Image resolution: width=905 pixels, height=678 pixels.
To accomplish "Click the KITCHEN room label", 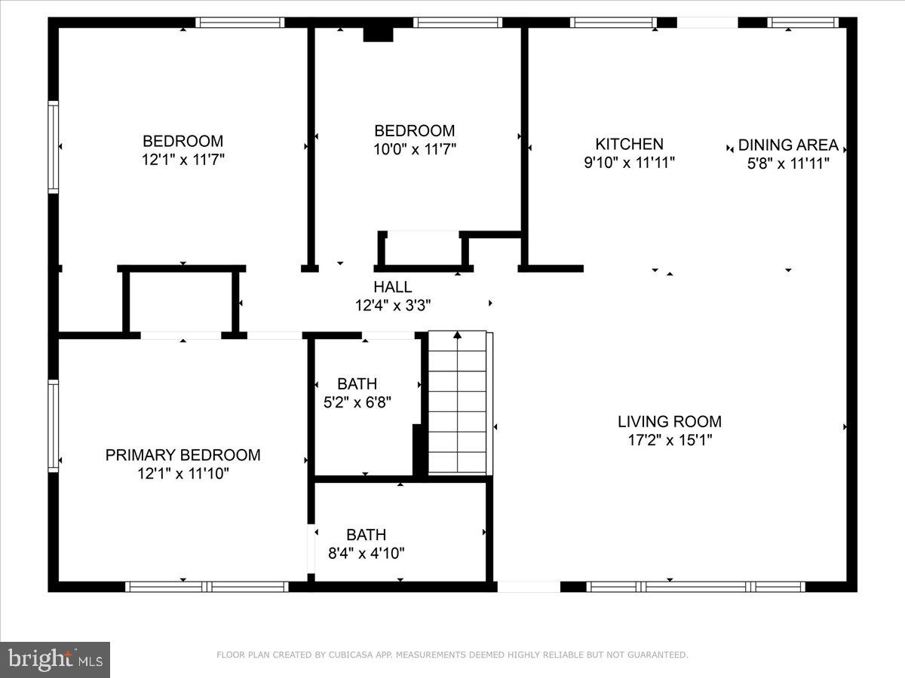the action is pyautogui.click(x=629, y=144).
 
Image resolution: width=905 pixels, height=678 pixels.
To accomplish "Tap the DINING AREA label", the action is pyautogui.click(x=788, y=145).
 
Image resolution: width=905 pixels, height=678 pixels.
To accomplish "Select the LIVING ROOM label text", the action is pyautogui.click(x=670, y=422).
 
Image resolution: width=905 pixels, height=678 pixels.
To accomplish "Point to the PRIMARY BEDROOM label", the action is pyautogui.click(x=183, y=455).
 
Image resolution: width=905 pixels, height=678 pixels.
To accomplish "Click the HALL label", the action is pyautogui.click(x=392, y=287).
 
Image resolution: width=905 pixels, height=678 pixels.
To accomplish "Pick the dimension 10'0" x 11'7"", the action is pyautogui.click(x=415, y=149).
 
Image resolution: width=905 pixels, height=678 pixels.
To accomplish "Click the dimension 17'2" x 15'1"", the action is pyautogui.click(x=670, y=440).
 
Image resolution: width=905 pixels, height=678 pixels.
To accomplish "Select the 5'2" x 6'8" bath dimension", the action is pyautogui.click(x=357, y=402).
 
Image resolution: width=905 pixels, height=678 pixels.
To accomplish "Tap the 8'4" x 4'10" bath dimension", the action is pyautogui.click(x=366, y=553).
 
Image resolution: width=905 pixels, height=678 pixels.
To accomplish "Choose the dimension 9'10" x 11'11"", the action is pyautogui.click(x=629, y=163).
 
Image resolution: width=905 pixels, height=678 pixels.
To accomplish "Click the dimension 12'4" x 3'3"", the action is pyautogui.click(x=393, y=305).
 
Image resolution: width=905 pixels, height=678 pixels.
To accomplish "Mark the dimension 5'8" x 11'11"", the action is pyautogui.click(x=788, y=163).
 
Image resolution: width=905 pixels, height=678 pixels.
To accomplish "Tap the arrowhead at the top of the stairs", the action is pyautogui.click(x=457, y=334).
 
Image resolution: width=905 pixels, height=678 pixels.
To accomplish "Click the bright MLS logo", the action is pyautogui.click(x=55, y=659).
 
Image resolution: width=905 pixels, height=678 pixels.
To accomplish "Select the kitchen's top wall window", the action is pyautogui.click(x=613, y=23).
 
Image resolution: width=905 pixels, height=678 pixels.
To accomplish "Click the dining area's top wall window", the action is pyautogui.click(x=802, y=23).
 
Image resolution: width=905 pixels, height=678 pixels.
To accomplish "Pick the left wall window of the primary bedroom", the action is pyautogui.click(x=54, y=426).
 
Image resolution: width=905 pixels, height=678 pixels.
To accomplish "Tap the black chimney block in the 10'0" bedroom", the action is pyautogui.click(x=378, y=35).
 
